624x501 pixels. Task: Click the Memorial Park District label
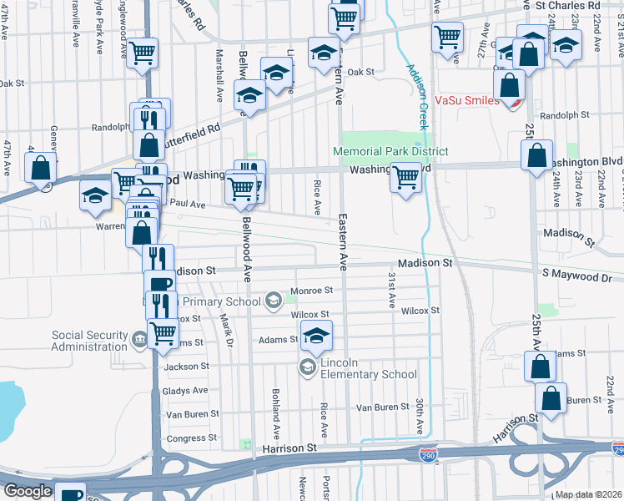390,151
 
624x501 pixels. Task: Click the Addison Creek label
417,98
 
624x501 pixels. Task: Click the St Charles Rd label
569,5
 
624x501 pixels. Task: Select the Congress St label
192,438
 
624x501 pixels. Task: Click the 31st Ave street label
390,289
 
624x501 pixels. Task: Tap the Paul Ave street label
188,204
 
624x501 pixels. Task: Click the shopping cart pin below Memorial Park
405,177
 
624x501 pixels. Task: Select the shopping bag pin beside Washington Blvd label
536,154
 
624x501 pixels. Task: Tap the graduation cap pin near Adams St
315,336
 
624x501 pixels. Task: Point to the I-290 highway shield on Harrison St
427,454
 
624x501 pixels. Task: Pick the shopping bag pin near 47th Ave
40,167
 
